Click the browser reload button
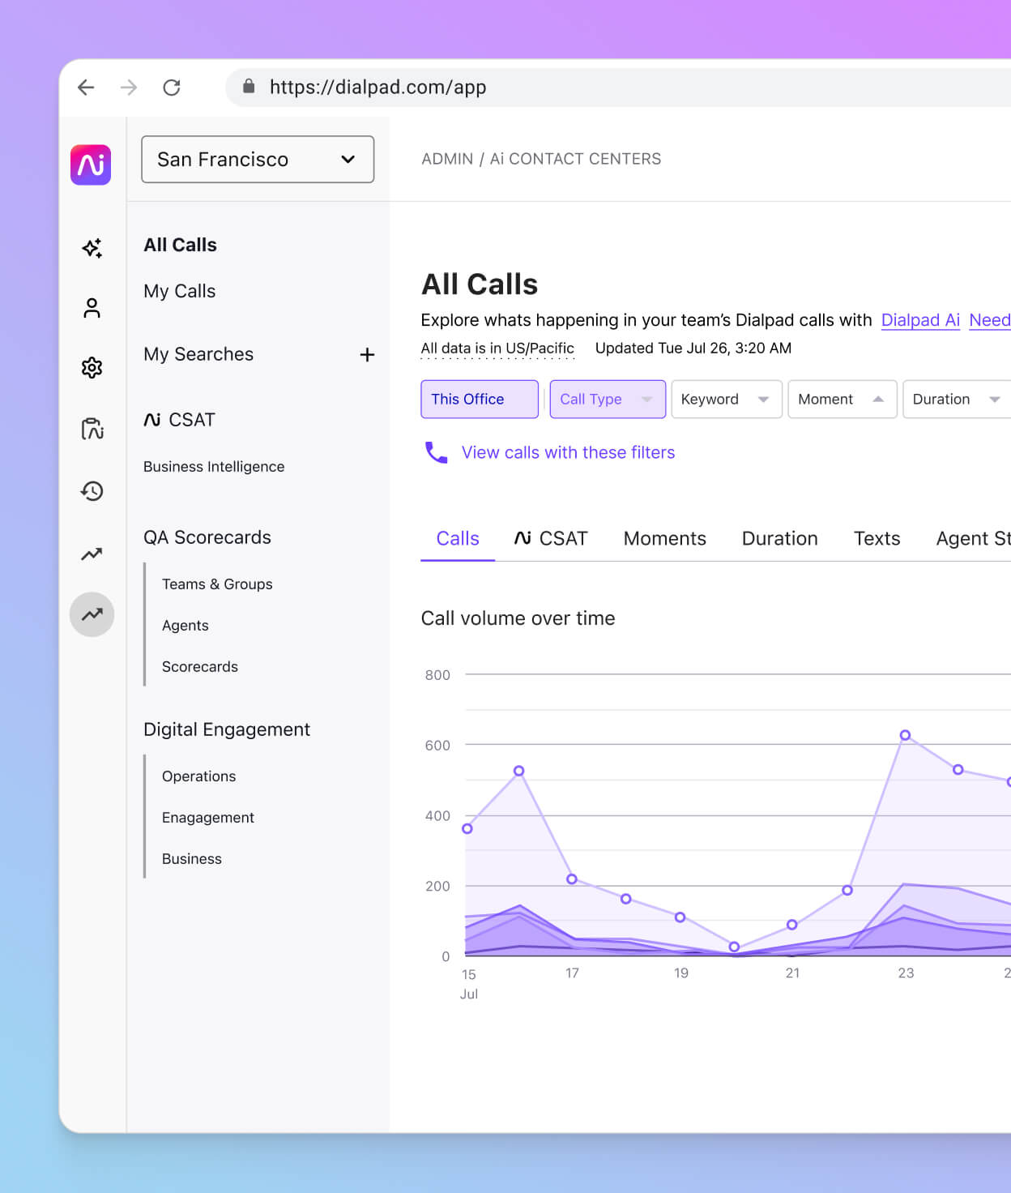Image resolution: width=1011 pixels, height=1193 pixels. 171,88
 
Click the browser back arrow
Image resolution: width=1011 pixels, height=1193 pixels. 86,88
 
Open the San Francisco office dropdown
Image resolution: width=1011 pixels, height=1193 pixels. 258,160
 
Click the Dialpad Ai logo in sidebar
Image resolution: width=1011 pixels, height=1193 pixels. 91,165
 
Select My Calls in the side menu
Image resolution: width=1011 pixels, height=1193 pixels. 179,291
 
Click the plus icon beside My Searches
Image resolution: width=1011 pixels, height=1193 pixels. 367,355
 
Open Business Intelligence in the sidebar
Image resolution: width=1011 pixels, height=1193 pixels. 214,467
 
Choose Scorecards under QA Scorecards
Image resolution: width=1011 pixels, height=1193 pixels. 199,667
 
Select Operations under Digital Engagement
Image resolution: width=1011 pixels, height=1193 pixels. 198,776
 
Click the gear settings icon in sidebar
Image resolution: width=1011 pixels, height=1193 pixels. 92,368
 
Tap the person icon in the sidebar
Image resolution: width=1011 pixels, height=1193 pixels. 92,308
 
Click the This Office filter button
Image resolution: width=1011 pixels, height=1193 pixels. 479,400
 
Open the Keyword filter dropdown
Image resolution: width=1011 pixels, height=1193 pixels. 726,400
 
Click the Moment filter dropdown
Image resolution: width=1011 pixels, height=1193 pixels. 841,400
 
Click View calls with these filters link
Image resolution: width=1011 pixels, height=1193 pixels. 567,453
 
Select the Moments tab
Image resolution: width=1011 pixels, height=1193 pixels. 664,539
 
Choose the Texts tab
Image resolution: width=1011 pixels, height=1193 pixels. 877,539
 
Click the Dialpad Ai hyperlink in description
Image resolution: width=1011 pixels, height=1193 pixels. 920,320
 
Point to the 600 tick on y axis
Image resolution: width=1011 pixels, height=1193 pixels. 437,746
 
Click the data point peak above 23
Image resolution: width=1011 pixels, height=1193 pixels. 905,735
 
